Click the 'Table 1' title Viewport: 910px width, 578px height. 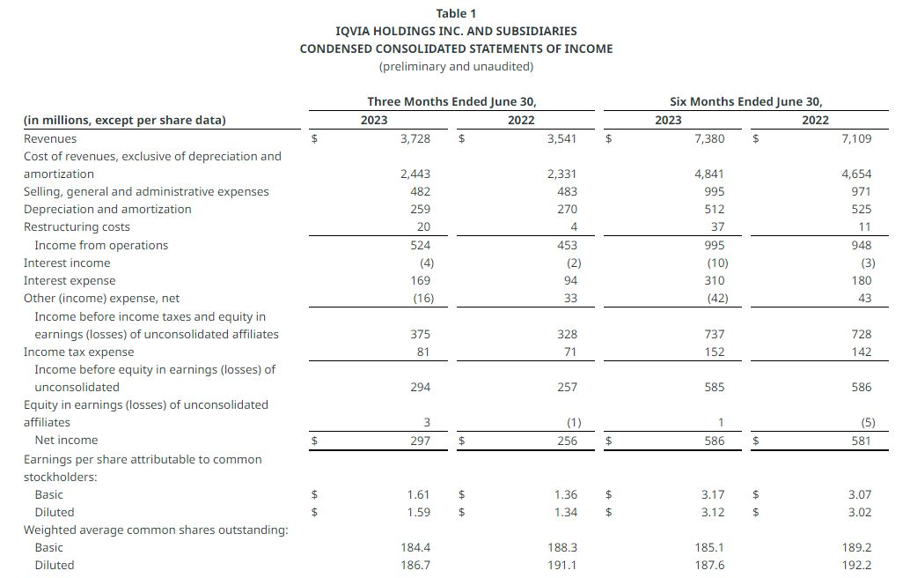[456, 13]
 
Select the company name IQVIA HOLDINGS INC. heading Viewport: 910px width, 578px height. [456, 31]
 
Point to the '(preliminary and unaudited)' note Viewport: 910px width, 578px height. [456, 66]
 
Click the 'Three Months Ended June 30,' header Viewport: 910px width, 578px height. [451, 101]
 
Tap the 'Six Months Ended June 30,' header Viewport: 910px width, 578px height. [746, 101]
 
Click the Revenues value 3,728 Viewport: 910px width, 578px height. [415, 138]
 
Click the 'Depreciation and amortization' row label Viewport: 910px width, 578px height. [107, 210]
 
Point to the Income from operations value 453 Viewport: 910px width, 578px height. [567, 245]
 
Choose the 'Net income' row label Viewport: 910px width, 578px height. [66, 441]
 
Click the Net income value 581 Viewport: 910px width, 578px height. [862, 441]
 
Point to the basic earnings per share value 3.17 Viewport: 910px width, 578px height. [711, 494]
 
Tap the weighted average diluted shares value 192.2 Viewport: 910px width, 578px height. [857, 565]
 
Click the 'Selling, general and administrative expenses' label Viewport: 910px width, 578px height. [146, 192]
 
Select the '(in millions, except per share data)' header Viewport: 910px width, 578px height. [124, 121]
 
